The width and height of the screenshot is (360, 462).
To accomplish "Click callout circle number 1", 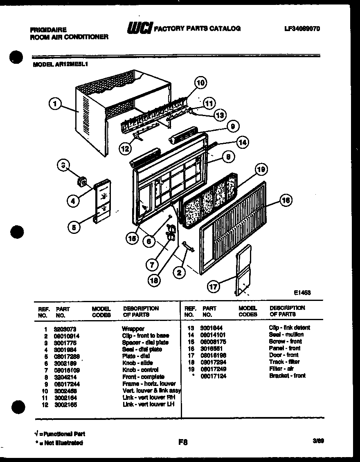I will pos(54,104).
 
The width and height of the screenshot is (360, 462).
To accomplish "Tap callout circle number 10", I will pos(200,83).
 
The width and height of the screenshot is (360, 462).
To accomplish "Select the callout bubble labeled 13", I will pos(220,116).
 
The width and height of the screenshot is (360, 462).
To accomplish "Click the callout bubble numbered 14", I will pos(243,143).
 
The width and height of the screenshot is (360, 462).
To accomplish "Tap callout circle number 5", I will pos(74,228).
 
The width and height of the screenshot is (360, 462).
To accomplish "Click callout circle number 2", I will pos(179,273).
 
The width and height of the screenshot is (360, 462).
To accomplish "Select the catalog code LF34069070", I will pos(302,29).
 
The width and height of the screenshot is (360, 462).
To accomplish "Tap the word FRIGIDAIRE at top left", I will pos(48,30).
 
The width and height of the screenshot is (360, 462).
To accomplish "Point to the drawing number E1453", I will pos(302,292).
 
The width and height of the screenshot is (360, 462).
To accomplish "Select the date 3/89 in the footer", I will pos(318,441).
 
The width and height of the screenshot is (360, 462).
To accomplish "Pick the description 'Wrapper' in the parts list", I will pos(133,329).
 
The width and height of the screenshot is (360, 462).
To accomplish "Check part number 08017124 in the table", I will pos(214,376).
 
